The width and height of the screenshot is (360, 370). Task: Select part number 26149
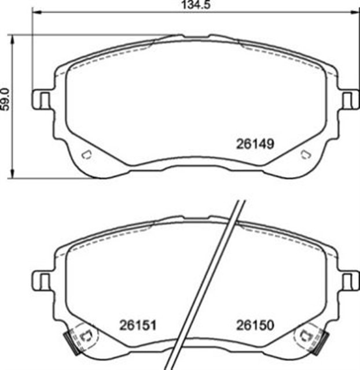[255, 143]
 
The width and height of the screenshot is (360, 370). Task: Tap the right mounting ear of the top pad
[348, 100]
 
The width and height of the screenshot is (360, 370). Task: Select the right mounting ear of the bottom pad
[348, 282]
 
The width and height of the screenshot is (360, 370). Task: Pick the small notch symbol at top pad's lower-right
[305, 154]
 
